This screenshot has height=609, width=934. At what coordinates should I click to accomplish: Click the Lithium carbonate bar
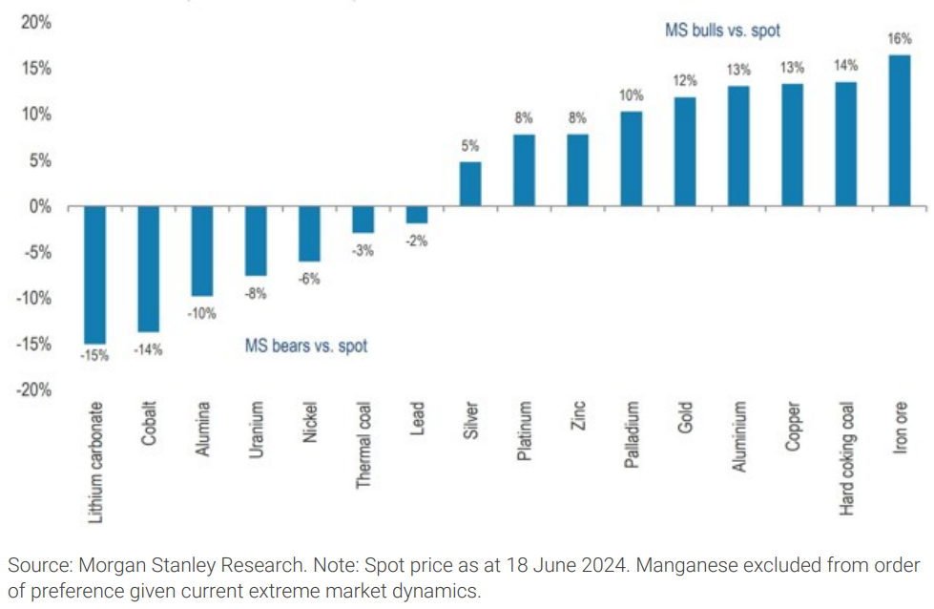point(95,275)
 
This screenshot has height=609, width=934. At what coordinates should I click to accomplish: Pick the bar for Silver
point(470,184)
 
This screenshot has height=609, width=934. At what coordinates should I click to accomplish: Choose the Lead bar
point(417,215)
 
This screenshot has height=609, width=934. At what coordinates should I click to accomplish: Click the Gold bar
point(685,152)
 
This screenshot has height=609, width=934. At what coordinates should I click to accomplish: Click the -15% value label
point(94,356)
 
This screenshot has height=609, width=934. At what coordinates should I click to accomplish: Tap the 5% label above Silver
point(470,146)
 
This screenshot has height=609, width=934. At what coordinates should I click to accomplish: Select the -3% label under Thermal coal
point(363,250)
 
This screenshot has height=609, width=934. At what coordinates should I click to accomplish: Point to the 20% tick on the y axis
point(37,23)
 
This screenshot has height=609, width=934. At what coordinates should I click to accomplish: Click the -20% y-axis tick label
point(34,390)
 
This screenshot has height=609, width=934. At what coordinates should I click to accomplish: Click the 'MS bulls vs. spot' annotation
point(722,31)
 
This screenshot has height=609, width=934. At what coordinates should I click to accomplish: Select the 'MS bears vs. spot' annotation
point(305,346)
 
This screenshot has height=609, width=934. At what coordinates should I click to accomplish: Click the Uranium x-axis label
point(256,434)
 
